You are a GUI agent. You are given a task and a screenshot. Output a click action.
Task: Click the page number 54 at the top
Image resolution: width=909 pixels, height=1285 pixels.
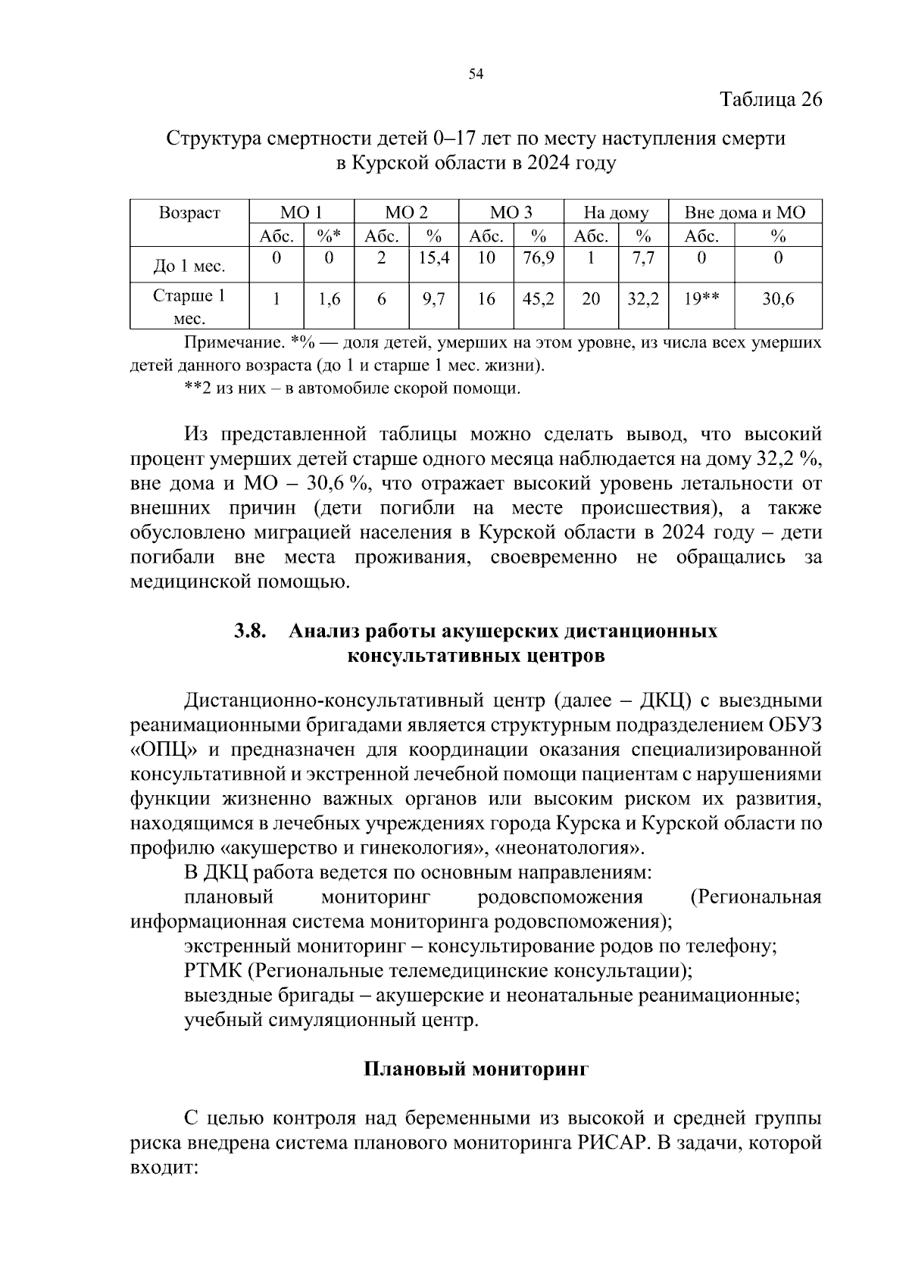pyautogui.click(x=476, y=73)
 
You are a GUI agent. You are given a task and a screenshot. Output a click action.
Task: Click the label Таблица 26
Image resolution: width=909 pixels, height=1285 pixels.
pyautogui.click(x=770, y=99)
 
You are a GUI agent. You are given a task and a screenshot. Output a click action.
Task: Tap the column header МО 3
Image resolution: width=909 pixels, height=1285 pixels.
pyautogui.click(x=511, y=212)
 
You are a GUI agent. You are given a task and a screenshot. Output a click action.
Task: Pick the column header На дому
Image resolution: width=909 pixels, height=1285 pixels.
pyautogui.click(x=616, y=212)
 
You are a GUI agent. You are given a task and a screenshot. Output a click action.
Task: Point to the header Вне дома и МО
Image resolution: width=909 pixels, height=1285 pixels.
pyautogui.click(x=745, y=212)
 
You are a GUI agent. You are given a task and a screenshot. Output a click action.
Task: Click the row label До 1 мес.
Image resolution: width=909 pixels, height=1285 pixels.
pyautogui.click(x=189, y=267)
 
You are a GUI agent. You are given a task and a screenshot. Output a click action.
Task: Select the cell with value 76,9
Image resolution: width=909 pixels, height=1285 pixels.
pyautogui.click(x=539, y=258)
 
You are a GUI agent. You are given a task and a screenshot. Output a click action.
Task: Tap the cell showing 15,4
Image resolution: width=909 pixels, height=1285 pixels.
pyautogui.click(x=434, y=258)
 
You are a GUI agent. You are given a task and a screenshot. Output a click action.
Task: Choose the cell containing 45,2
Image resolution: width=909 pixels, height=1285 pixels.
pyautogui.click(x=539, y=299)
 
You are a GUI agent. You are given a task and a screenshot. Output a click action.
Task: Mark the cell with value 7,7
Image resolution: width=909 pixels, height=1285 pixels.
pyautogui.click(x=643, y=258)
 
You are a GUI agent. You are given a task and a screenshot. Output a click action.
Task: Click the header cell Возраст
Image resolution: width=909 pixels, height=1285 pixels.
pyautogui.click(x=189, y=212)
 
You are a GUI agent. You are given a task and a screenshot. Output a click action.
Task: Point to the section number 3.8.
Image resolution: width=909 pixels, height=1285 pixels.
pyautogui.click(x=250, y=631)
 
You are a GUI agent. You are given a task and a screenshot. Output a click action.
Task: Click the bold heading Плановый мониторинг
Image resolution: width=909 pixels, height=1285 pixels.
pyautogui.click(x=476, y=1069)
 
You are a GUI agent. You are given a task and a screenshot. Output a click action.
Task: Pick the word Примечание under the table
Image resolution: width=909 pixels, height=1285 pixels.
pyautogui.click(x=232, y=343)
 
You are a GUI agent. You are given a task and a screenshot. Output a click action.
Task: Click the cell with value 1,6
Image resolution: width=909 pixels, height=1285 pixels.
pyautogui.click(x=330, y=299)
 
